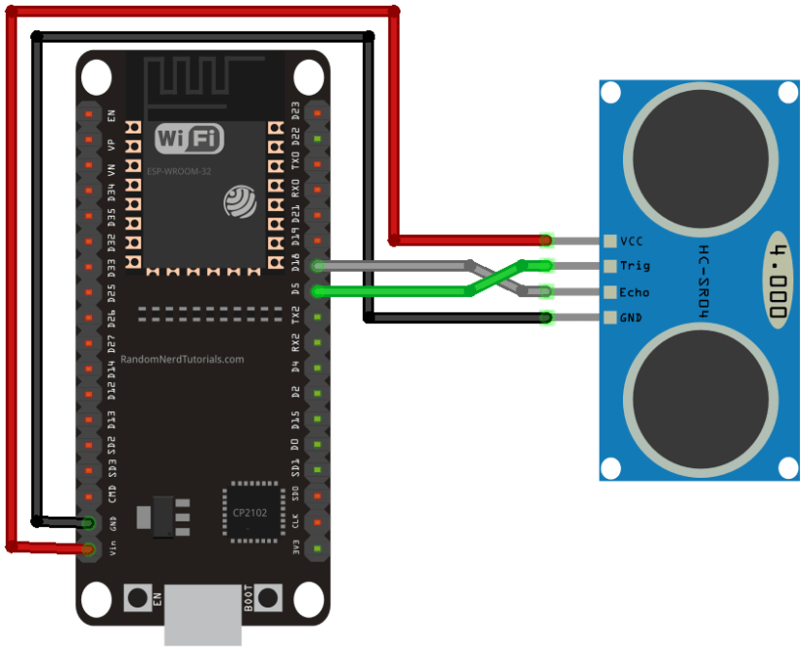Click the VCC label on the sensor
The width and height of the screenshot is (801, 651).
633,240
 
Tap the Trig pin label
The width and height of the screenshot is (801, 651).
635,266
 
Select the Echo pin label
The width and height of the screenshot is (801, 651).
635,292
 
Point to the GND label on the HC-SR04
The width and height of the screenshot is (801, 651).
632,317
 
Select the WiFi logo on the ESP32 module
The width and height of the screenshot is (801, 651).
190,138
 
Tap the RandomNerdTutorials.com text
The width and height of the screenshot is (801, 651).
183,359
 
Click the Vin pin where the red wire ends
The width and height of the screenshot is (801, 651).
88,549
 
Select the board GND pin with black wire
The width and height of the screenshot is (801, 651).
88,523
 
